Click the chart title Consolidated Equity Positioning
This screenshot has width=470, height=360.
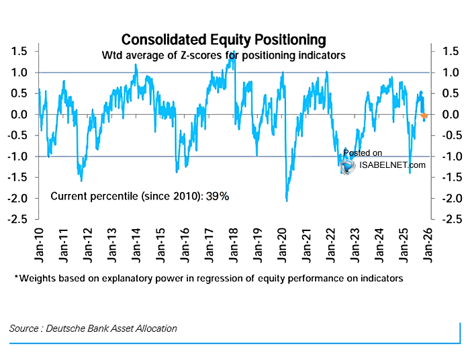click(x=224, y=40)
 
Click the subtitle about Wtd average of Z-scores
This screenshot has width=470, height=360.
click(x=224, y=55)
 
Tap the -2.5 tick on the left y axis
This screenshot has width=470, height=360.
click(x=17, y=220)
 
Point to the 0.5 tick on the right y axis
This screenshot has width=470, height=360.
click(x=445, y=93)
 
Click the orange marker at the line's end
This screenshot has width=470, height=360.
click(x=424, y=116)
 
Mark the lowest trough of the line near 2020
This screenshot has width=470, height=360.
click(x=287, y=200)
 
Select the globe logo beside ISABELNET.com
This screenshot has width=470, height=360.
click(x=348, y=166)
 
